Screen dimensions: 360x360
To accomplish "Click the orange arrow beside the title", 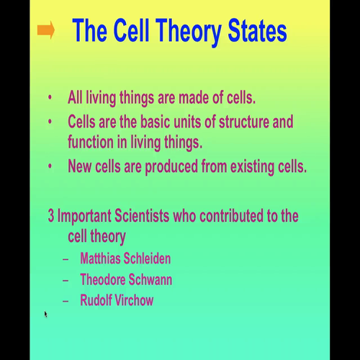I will [x=46, y=31].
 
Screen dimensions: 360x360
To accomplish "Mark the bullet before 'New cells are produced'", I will [x=50, y=166].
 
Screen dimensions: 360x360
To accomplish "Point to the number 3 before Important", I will [x=51, y=215].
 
